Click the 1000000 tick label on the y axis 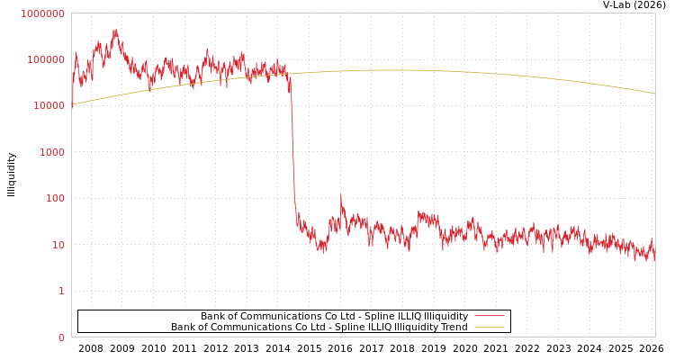[42, 13]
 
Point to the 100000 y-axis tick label [45, 59]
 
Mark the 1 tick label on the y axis [61, 291]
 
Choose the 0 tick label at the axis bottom [61, 337]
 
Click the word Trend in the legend [453, 328]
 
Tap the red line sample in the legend [489, 317]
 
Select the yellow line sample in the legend [489, 328]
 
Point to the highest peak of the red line [115, 31]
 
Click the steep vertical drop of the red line [292, 144]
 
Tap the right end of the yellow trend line [654, 94]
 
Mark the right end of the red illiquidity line [654, 257]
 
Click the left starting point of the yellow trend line [72, 104]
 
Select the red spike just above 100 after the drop [340, 194]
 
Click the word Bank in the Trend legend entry [184, 328]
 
